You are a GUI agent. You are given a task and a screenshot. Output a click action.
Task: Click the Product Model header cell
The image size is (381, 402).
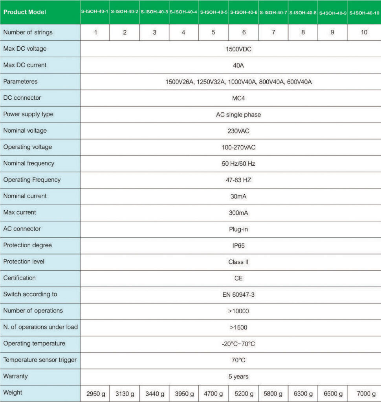click(x=24, y=12)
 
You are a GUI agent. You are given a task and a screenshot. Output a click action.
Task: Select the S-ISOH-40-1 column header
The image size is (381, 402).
click(x=95, y=12)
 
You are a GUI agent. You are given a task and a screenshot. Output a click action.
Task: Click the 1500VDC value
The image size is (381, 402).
click(x=238, y=49)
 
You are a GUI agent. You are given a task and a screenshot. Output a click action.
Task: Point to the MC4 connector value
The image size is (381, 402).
click(x=238, y=98)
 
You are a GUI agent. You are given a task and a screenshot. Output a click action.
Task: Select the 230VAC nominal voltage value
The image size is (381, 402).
click(x=238, y=131)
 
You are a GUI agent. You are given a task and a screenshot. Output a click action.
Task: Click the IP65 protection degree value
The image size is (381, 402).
click(x=238, y=245)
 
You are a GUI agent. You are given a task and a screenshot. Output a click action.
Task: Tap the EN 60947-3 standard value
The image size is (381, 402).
click(x=238, y=294)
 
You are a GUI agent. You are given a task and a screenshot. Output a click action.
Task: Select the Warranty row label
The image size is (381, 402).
click(x=16, y=376)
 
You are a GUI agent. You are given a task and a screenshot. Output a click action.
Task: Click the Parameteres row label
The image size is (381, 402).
click(x=20, y=82)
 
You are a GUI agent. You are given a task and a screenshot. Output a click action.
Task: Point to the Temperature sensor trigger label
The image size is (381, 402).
click(x=40, y=360)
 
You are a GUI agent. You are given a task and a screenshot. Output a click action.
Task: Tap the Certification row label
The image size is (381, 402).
click(x=20, y=278)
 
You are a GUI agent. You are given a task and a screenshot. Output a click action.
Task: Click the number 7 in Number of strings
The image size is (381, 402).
click(x=273, y=33)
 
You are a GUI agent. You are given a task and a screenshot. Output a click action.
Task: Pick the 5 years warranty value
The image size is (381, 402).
click(x=238, y=376)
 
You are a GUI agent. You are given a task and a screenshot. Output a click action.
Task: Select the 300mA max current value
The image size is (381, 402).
click(x=238, y=213)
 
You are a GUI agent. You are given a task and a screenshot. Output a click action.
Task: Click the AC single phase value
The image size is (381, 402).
click(x=238, y=115)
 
